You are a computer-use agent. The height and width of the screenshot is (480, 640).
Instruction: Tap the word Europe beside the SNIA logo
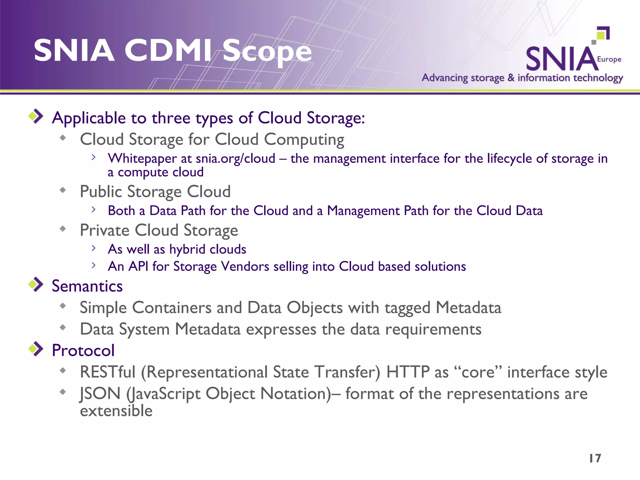coord(609,59)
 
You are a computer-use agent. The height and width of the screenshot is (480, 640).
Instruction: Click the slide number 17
coord(595,458)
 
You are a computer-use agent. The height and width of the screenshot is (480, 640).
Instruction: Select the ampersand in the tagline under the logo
coord(511,77)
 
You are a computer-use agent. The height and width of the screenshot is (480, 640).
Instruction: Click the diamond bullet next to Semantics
coord(36,284)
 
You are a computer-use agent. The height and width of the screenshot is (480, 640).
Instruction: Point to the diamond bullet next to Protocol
coord(36,349)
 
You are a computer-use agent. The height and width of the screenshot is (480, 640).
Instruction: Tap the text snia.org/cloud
coord(235,159)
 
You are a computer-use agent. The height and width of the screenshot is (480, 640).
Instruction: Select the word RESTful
coord(108,372)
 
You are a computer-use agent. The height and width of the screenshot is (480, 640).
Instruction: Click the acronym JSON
coord(100,393)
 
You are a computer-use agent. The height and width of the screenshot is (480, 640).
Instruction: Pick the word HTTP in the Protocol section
coord(408,372)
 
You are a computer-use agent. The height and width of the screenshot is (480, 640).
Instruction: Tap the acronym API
coord(138,267)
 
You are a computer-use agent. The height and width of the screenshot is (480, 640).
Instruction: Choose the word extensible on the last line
coord(116,411)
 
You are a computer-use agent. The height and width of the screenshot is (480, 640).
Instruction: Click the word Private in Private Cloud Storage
coord(104,230)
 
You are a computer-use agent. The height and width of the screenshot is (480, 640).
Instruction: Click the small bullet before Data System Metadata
coord(63,327)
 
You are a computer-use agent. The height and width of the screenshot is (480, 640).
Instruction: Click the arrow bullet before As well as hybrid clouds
coord(93,248)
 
